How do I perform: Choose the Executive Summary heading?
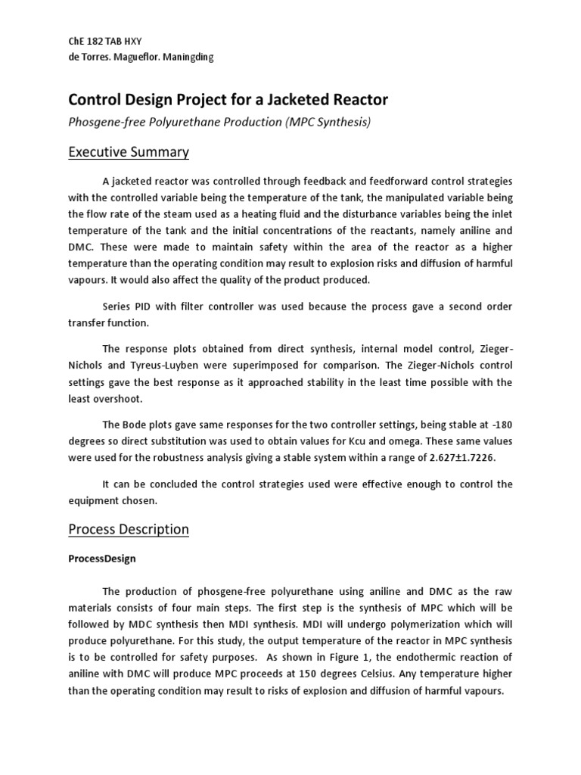point(129,152)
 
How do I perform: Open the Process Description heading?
point(129,529)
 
